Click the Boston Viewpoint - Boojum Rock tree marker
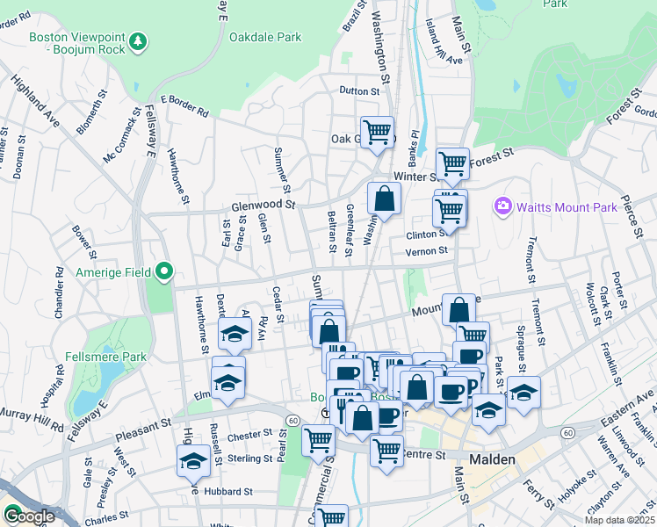(x=137, y=41)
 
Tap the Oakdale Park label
(x=265, y=37)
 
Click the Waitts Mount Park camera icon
(x=502, y=206)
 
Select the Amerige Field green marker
(x=163, y=272)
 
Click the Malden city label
(x=493, y=459)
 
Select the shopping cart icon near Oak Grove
(x=377, y=133)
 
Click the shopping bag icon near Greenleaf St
(x=384, y=199)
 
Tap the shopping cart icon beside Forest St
(x=452, y=162)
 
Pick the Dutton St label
(x=364, y=90)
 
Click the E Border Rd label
(x=184, y=106)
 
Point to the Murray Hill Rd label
(x=31, y=427)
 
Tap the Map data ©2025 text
(x=619, y=520)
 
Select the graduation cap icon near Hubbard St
(x=193, y=459)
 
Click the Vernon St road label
(x=427, y=251)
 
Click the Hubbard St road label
(x=230, y=493)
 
